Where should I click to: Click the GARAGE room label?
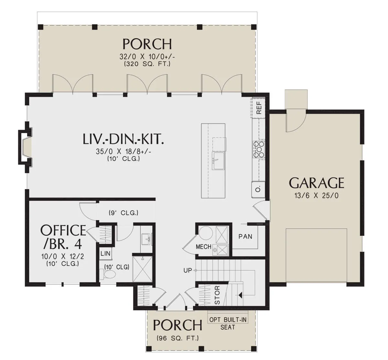point(316,183)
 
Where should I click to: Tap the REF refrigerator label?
point(259,107)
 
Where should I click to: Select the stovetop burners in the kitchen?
point(258,150)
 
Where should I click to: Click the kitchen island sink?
point(219,161)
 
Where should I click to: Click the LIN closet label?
point(105,254)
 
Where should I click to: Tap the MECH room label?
point(204,247)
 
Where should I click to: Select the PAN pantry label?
point(245,236)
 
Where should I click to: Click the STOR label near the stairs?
point(217,295)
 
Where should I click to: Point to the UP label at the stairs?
point(188,270)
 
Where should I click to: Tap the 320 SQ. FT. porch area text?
point(147,64)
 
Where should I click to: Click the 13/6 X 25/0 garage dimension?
point(317,196)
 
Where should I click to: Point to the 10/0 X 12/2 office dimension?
point(63,256)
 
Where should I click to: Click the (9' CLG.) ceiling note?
point(124,213)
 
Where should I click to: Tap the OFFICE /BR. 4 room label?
point(63,236)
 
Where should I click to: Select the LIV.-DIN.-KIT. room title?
point(123,139)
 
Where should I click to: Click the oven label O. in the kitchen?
point(258,190)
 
